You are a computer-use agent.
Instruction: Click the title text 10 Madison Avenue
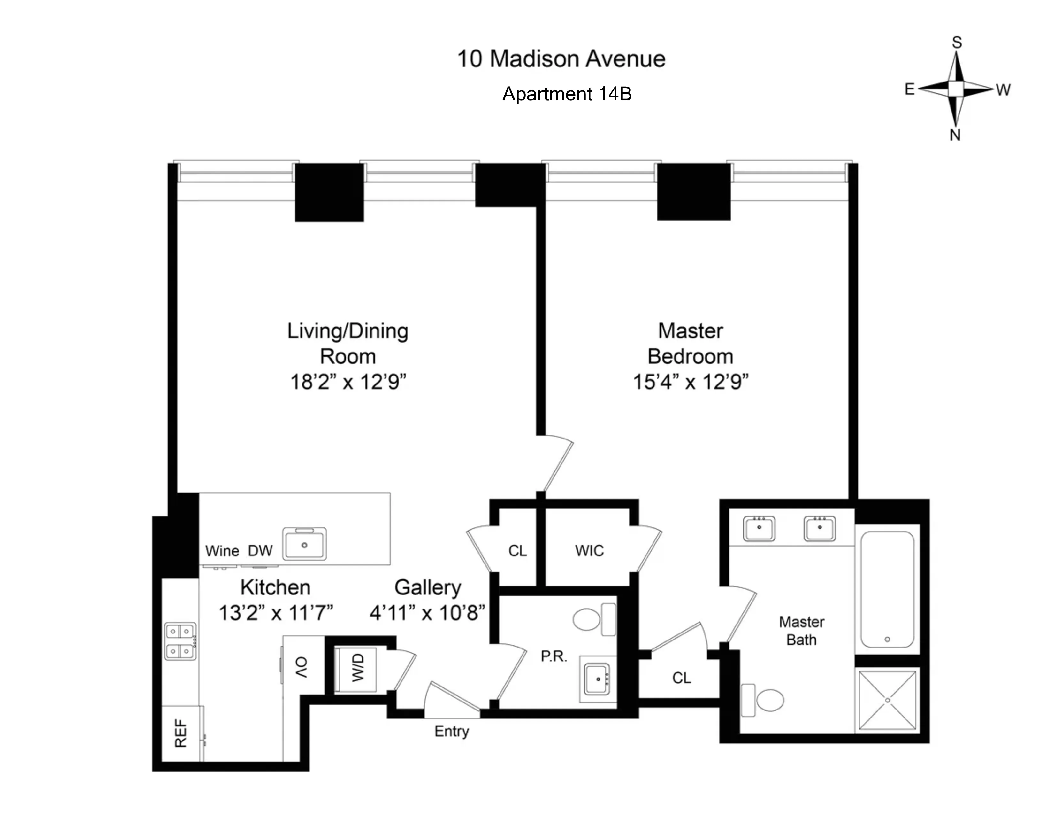561,59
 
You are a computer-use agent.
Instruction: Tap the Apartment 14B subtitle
567,94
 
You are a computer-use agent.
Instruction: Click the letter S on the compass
957,43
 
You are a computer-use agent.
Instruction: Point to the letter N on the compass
955,135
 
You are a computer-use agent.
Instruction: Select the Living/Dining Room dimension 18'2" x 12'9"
348,382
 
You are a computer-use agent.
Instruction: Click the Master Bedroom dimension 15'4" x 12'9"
690,382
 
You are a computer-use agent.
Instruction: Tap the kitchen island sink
304,544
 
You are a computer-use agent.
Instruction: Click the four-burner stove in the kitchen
180,641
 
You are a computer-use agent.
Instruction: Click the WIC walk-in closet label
589,550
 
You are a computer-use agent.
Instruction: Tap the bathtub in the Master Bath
887,589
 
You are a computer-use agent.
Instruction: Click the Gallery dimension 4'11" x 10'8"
427,613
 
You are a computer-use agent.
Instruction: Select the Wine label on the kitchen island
222,551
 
